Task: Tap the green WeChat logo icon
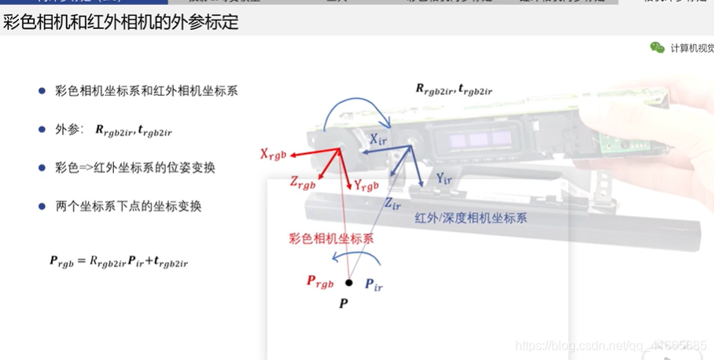[657, 48]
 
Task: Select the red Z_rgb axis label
[302, 184]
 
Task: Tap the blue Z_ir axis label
[392, 203]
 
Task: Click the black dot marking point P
[349, 282]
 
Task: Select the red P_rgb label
[319, 281]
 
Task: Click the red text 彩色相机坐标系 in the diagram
[330, 238]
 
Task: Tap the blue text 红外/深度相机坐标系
[471, 219]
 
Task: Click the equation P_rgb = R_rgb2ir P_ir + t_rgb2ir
[118, 263]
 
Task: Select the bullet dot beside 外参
[42, 130]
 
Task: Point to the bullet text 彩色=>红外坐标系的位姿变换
[135, 167]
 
